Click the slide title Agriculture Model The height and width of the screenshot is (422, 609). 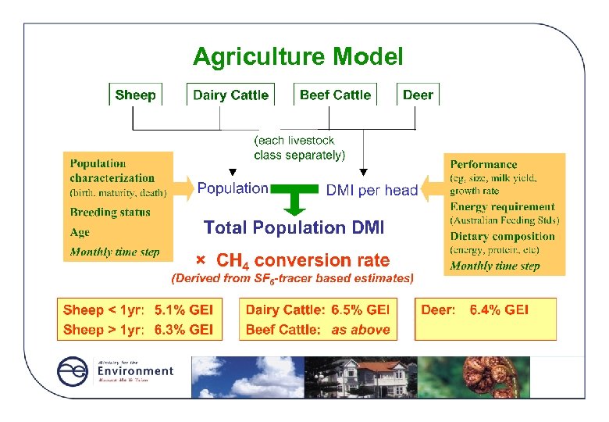pos(297,57)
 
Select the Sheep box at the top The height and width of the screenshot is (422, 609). pos(135,95)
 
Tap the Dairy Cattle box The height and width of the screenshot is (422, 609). pos(230,95)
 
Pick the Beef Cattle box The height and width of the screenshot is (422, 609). pos(335,95)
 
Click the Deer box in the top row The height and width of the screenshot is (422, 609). pos(418,95)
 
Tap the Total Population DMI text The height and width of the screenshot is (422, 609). pos(294,227)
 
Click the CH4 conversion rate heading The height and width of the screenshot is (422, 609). pos(302,259)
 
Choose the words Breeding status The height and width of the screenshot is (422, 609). pos(110,212)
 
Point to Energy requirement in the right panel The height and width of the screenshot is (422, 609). pos(502,207)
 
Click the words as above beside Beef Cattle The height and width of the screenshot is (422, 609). pos(360,330)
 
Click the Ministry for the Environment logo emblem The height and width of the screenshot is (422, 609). pos(74,373)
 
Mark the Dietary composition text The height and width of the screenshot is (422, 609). pos(502,236)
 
